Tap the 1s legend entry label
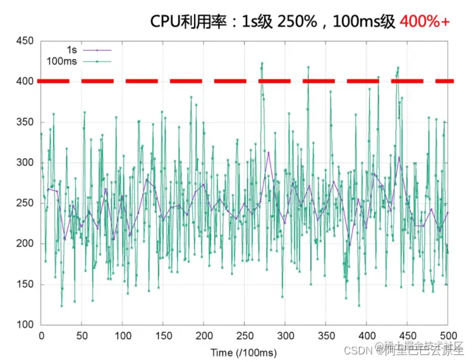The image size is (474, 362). pyautogui.click(x=73, y=49)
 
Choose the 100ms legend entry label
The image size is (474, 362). pyautogui.click(x=61, y=61)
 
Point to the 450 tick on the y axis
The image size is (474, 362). pyautogui.click(x=25, y=41)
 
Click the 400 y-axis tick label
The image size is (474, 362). pyautogui.click(x=25, y=82)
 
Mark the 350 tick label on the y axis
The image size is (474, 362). pyautogui.click(x=25, y=122)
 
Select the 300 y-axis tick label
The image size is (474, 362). pyautogui.click(x=25, y=163)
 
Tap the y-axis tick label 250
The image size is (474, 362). pyautogui.click(x=25, y=203)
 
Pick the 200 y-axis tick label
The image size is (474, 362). pyautogui.click(x=25, y=244)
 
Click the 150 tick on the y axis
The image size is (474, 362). pyautogui.click(x=25, y=284)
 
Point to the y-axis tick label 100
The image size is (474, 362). pyautogui.click(x=25, y=325)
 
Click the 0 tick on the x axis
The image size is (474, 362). pyautogui.click(x=42, y=335)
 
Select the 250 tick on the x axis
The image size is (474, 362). pyautogui.click(x=245, y=335)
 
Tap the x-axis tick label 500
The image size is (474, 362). pyautogui.click(x=448, y=335)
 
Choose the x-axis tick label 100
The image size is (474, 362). pyautogui.click(x=123, y=335)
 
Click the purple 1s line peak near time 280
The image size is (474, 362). pyautogui.click(x=268, y=153)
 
